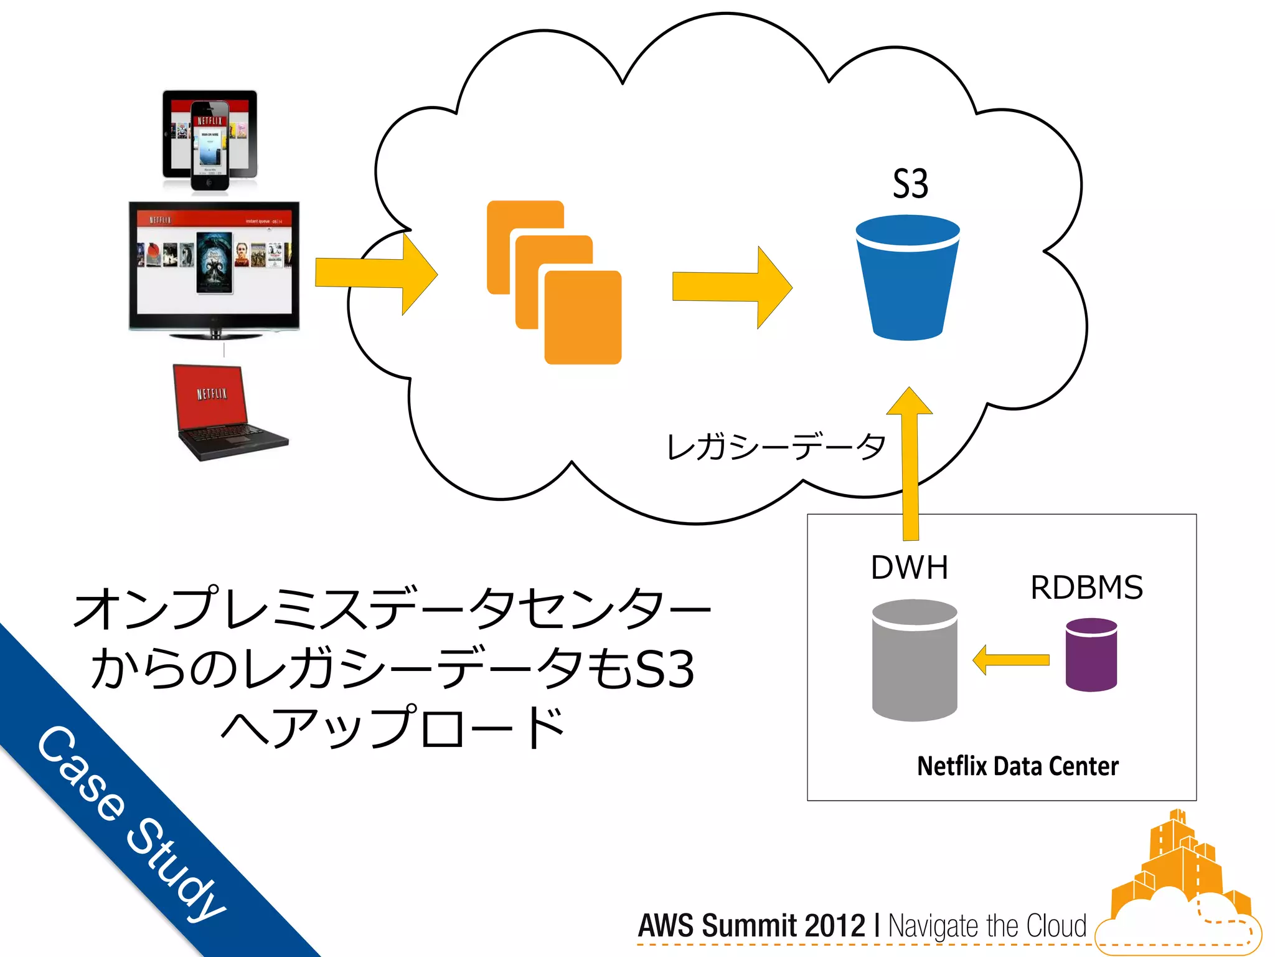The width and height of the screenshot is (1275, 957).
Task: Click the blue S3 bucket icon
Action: (x=907, y=280)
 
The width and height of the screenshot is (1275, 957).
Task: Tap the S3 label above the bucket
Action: (x=910, y=184)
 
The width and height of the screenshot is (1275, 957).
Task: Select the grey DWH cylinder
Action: (x=914, y=660)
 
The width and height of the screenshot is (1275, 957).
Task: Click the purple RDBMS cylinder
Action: (x=1091, y=655)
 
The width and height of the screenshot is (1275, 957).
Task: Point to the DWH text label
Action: (x=909, y=568)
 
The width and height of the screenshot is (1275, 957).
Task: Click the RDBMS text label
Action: (x=1086, y=588)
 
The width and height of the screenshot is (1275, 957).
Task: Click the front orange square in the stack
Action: (x=583, y=318)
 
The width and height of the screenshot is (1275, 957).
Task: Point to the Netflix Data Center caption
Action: (x=1017, y=766)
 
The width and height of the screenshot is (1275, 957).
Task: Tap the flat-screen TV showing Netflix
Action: (x=214, y=268)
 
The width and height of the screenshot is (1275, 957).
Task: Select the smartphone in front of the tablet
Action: (x=210, y=145)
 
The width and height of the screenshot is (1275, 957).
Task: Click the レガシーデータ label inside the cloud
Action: (x=775, y=447)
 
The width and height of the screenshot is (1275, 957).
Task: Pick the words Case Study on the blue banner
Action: (x=131, y=822)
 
